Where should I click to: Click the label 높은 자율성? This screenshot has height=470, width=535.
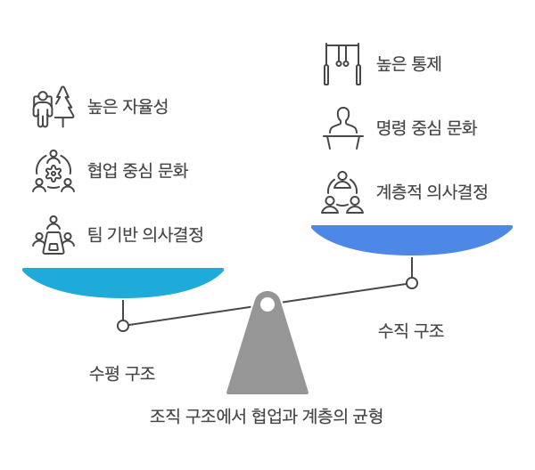click(128, 107)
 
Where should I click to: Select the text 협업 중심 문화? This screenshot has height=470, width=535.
click(137, 171)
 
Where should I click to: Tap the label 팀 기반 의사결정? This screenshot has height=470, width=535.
click(145, 235)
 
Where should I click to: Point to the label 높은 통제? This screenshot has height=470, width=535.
click(409, 63)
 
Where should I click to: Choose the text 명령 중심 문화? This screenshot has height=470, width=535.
click(426, 127)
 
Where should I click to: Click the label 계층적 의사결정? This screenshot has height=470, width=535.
click(432, 191)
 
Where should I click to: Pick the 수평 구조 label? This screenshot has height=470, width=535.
click(123, 373)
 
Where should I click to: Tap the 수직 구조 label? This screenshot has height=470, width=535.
click(411, 331)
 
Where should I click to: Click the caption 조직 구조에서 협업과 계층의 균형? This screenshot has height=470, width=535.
click(267, 416)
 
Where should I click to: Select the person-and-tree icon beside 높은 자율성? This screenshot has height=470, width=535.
click(53, 107)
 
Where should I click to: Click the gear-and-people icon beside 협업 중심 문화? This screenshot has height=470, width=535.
click(53, 171)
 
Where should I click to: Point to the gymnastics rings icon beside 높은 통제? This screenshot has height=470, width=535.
click(342, 63)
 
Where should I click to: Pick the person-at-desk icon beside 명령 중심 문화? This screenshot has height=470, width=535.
click(342, 127)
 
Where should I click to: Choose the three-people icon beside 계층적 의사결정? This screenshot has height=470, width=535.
click(342, 192)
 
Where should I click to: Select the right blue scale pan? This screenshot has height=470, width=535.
click(411, 239)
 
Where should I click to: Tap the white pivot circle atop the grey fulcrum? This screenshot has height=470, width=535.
click(267, 304)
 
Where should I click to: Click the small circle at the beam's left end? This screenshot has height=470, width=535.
click(123, 325)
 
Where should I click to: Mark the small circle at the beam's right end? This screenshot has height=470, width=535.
click(411, 283)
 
